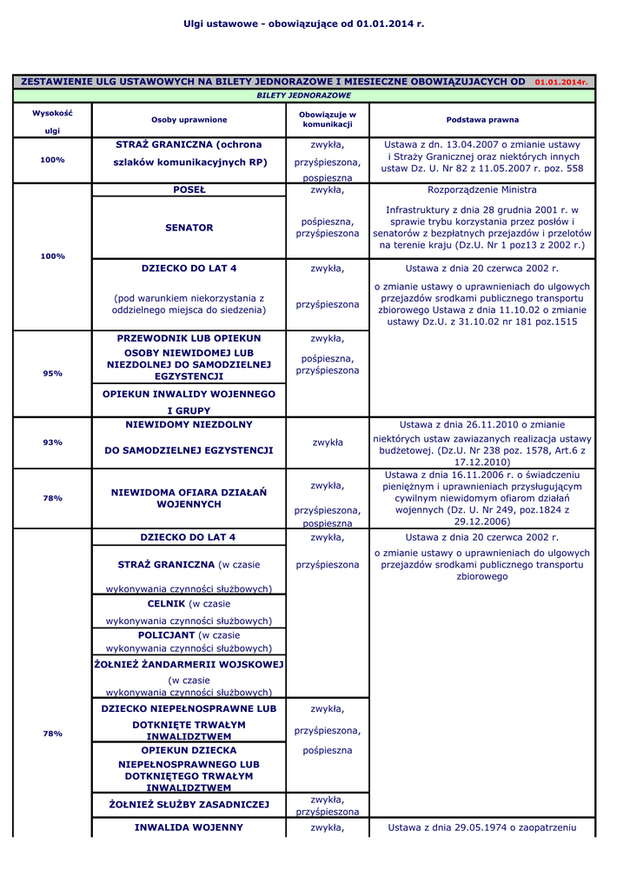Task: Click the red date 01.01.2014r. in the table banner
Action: [x=561, y=82]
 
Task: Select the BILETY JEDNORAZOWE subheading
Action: [x=303, y=96]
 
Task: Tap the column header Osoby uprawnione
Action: [x=189, y=120]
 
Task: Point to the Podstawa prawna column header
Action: [x=482, y=120]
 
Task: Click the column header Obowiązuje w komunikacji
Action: [x=328, y=120]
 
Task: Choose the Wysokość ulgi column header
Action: [x=52, y=122]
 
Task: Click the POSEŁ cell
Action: [x=189, y=189]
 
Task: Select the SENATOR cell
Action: [x=189, y=228]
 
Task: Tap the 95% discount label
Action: [x=52, y=374]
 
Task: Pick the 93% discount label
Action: [x=52, y=442]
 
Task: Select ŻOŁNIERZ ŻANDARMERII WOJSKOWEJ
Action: [x=189, y=664]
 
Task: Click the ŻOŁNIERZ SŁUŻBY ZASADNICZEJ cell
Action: [x=189, y=805]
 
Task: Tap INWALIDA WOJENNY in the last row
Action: [x=189, y=827]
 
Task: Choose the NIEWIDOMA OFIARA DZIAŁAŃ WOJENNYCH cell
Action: [x=189, y=498]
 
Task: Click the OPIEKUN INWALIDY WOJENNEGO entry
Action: [x=189, y=394]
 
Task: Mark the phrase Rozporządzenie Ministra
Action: [x=482, y=189]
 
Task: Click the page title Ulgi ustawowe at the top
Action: [x=303, y=23]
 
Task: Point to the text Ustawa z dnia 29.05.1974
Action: [x=482, y=827]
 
